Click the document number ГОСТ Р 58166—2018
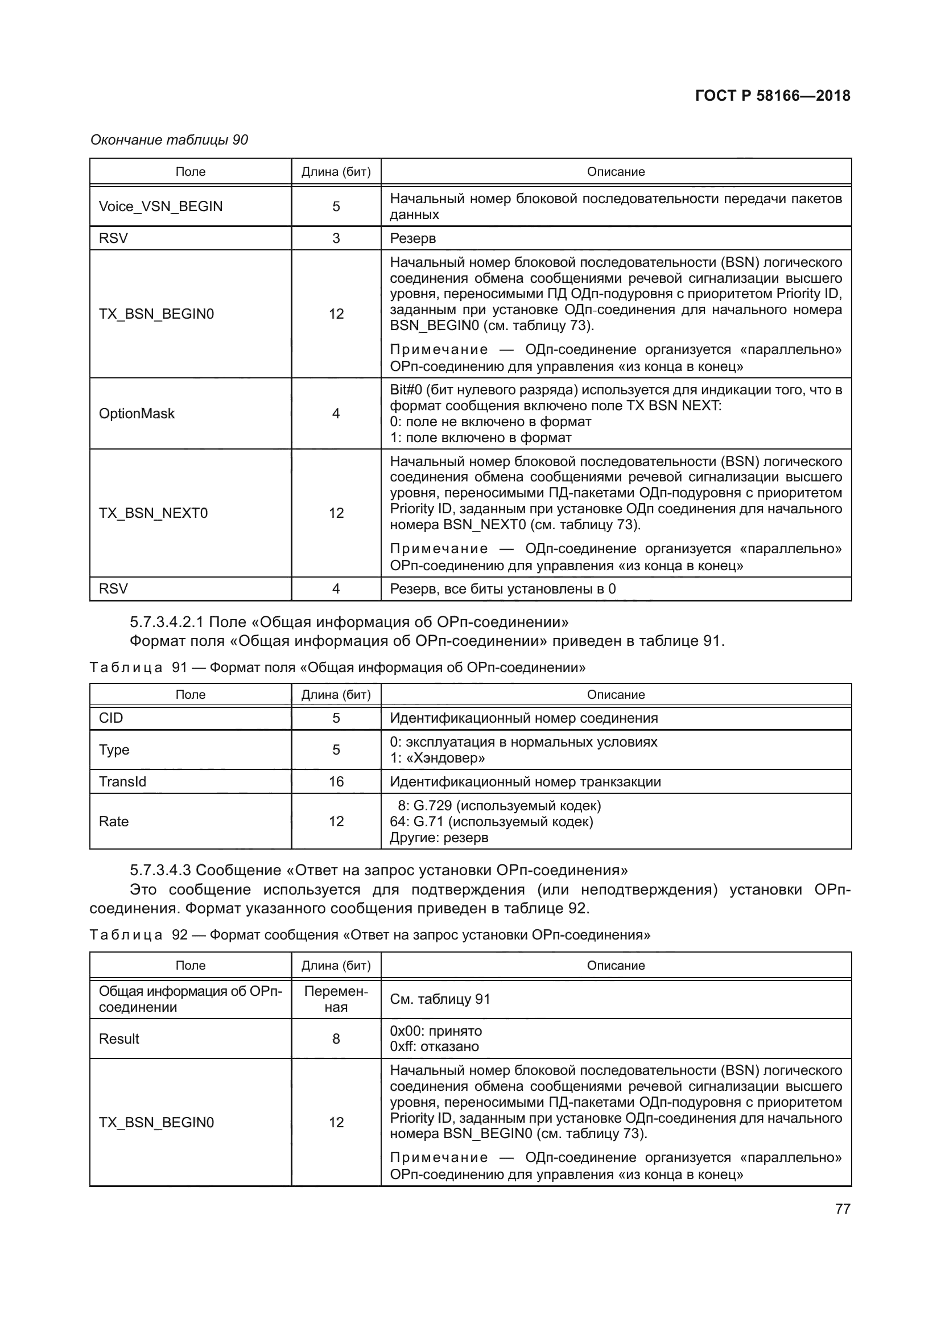(x=773, y=96)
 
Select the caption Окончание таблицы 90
(x=169, y=140)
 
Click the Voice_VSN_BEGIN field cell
(x=160, y=207)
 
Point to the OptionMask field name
(x=137, y=413)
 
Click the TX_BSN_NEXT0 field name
(x=153, y=513)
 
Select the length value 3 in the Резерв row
(x=336, y=238)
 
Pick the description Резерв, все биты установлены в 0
(x=502, y=589)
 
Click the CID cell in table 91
(x=112, y=718)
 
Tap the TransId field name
(x=122, y=781)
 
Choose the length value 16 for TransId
(x=336, y=781)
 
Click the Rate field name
(x=114, y=822)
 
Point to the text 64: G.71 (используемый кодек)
(x=492, y=822)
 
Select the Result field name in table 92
(x=119, y=1039)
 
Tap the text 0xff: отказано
(x=435, y=1046)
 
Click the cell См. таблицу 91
(x=440, y=999)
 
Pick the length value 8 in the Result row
(x=336, y=1039)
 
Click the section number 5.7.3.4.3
(x=160, y=870)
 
